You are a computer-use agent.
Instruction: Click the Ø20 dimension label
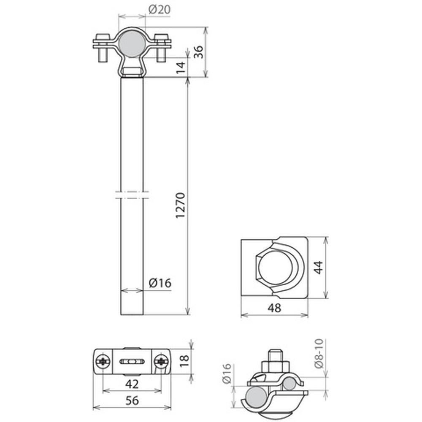point(160,10)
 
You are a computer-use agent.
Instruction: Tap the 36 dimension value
point(199,51)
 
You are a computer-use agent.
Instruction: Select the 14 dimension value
point(181,67)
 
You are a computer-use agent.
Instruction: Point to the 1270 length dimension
point(180,206)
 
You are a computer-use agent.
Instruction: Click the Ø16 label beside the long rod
point(160,283)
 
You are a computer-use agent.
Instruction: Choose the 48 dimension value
point(274,308)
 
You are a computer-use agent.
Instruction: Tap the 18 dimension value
point(184,361)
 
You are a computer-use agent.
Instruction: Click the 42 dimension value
point(132,384)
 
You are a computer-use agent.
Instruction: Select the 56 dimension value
point(132,400)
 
